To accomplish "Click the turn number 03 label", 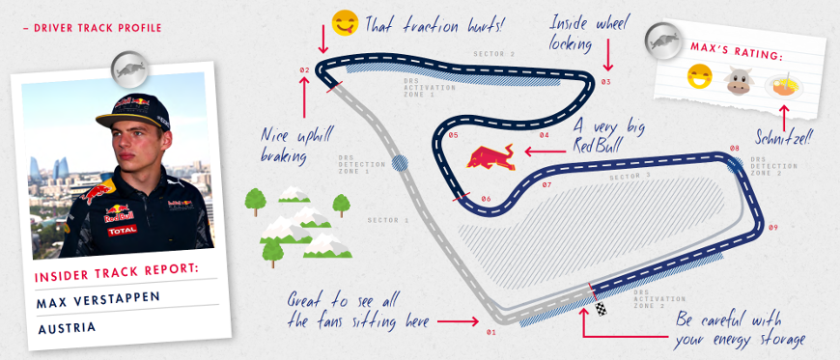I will [605, 82].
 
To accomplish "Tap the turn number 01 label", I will [490, 332].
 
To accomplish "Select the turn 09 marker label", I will [772, 228].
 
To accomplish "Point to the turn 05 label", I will [453, 135].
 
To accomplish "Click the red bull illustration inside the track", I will [491, 157].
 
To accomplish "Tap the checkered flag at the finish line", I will [602, 309].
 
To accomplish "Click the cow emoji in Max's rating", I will [738, 81].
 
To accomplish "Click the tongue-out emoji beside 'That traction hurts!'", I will [343, 22].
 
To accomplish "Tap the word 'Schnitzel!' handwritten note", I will [783, 137].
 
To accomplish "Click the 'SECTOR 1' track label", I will [388, 221].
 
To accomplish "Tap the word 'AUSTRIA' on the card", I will [68, 327].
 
